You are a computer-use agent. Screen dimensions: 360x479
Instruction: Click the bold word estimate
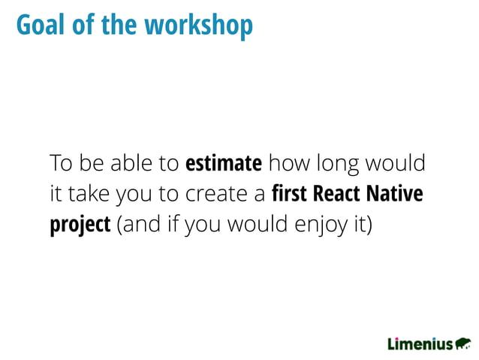pyautogui.click(x=223, y=163)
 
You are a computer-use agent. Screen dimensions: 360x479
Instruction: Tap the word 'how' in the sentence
pyautogui.click(x=285, y=163)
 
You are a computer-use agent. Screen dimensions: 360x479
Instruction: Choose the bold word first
pyautogui.click(x=289, y=194)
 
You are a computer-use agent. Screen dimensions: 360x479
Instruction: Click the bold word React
pyautogui.click(x=337, y=194)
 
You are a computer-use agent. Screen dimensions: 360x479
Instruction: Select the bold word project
pyautogui.click(x=80, y=226)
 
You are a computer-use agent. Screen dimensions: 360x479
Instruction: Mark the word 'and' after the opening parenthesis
pyautogui.click(x=140, y=225)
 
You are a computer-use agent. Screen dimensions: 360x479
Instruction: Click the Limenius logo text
pyautogui.click(x=420, y=344)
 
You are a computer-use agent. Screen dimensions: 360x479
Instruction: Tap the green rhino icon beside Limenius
pyautogui.click(x=463, y=343)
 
